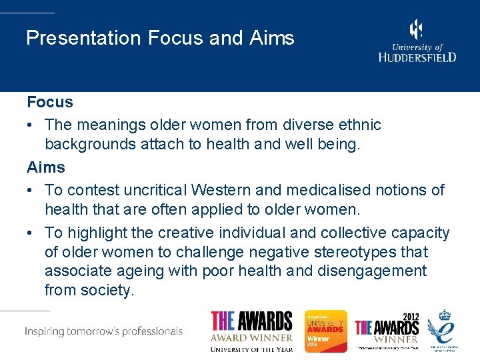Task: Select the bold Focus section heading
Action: tap(50, 102)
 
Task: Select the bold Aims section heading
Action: tap(46, 167)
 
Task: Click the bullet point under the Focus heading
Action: tap(31, 125)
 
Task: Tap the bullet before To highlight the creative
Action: tap(31, 233)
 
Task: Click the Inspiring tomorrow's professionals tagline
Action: tap(104, 331)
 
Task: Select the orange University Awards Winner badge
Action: tap(326, 331)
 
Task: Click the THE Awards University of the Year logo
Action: tap(251, 331)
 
